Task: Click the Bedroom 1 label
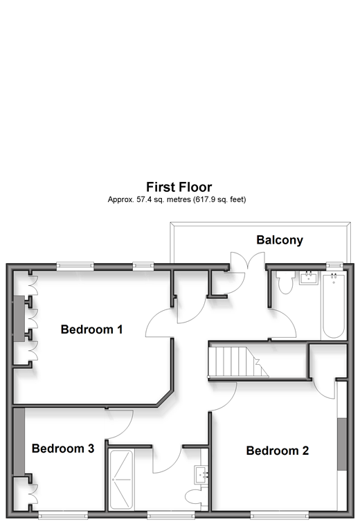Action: click(91, 329)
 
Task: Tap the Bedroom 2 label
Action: click(278, 451)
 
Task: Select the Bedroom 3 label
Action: click(63, 449)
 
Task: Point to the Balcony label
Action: click(280, 240)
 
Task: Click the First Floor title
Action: click(179, 187)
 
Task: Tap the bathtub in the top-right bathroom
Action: click(333, 306)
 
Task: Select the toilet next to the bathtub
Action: click(285, 282)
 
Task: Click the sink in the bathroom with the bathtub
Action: click(309, 278)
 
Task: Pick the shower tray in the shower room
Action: click(121, 480)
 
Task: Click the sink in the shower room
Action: click(201, 475)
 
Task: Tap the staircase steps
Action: click(238, 361)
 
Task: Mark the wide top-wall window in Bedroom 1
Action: click(75, 266)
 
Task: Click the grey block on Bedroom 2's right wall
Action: click(341, 444)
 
